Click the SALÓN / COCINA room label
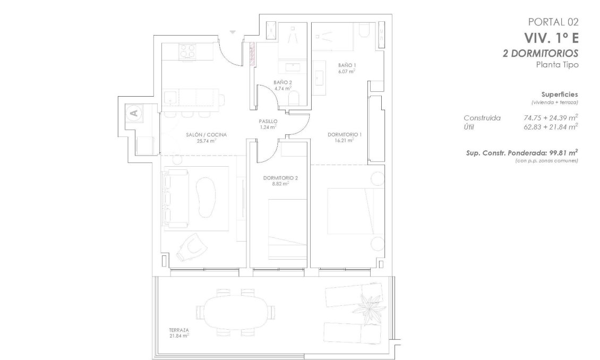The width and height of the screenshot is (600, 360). [x=206, y=135]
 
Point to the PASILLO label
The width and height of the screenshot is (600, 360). [x=268, y=121]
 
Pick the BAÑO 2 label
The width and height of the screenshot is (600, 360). [x=282, y=82]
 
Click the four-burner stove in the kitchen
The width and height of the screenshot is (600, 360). [x=187, y=52]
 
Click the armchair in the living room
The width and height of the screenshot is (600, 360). [x=192, y=247]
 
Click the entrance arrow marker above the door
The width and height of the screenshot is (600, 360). [x=233, y=32]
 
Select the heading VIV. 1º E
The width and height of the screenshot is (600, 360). [x=551, y=38]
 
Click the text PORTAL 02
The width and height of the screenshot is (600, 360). [x=553, y=22]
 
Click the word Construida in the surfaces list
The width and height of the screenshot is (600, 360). [x=482, y=118]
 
